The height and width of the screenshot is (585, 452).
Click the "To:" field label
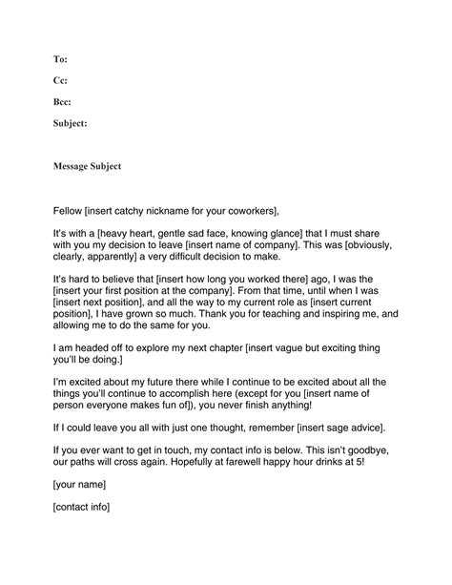point(59,59)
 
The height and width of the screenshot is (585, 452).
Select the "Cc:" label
point(60,80)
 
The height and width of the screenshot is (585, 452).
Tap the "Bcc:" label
point(62,101)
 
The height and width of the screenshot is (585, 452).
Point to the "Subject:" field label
point(71,122)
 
